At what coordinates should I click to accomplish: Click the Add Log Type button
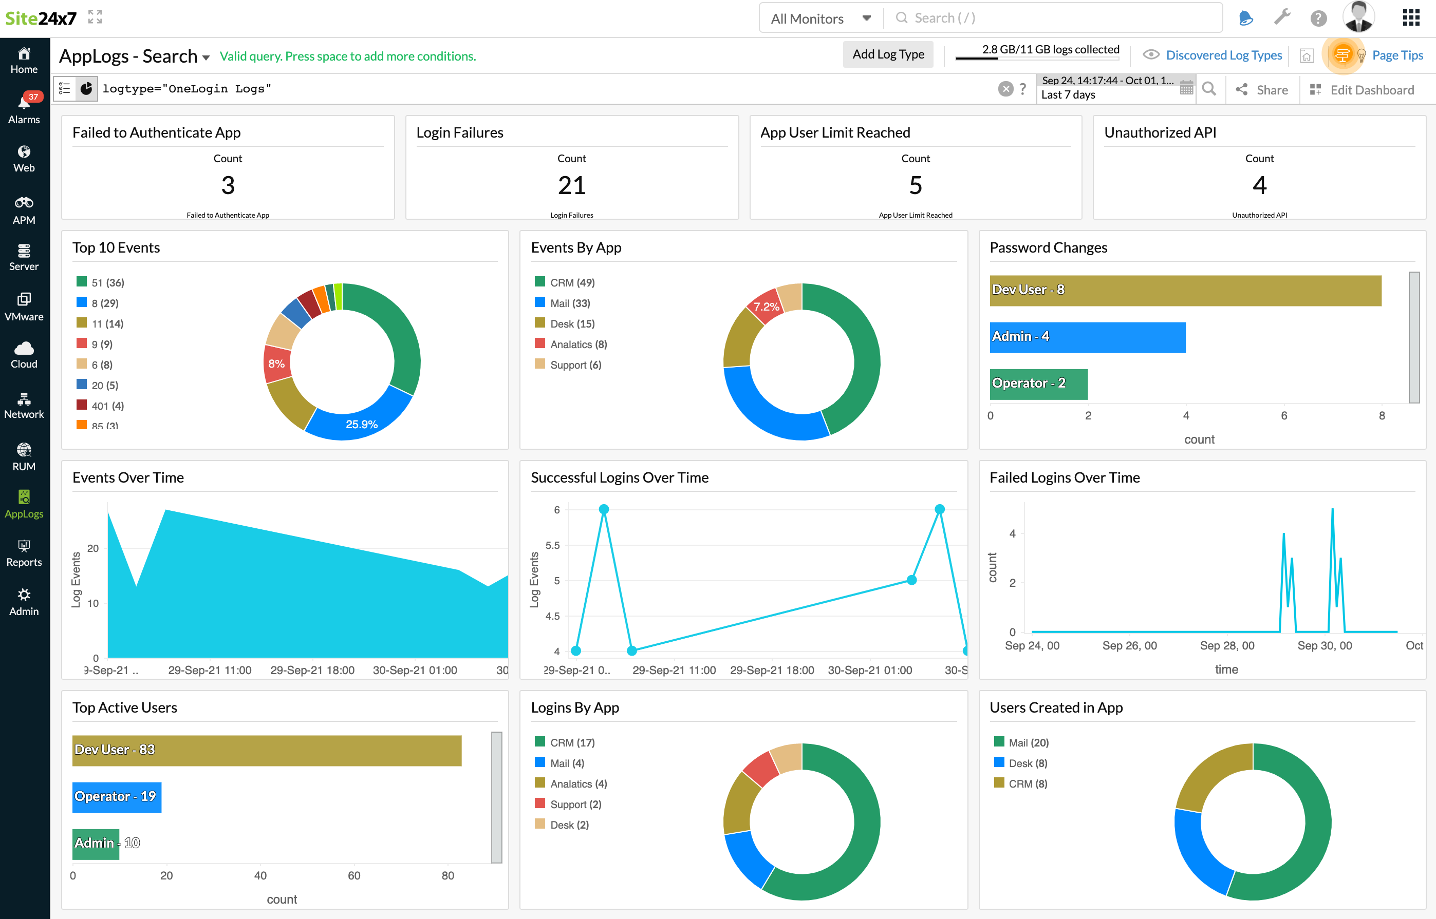887,54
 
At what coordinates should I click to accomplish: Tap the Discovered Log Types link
1223,55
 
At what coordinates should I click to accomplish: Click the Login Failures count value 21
571,185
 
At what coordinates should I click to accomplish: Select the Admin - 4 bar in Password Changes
1087,337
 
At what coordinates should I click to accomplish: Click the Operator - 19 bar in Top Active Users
117,797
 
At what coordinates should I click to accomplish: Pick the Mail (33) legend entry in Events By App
569,303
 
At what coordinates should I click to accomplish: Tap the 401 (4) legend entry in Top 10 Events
107,406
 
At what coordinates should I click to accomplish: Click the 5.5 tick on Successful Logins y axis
552,545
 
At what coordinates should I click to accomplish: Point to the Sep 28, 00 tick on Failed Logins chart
1226,646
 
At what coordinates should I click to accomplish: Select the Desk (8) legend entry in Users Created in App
1027,763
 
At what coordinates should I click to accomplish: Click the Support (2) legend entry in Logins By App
575,805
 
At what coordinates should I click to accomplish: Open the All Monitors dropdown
820,18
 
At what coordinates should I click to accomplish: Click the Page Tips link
1396,55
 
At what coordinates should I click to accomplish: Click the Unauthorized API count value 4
1259,185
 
